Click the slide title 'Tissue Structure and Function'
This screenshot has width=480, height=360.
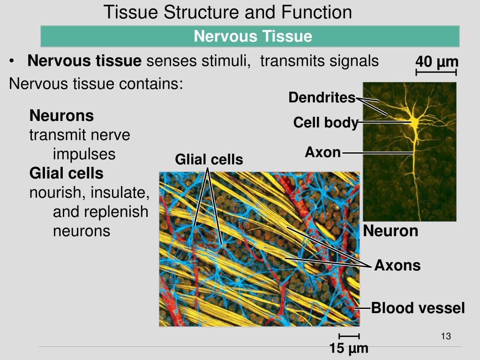coord(227,12)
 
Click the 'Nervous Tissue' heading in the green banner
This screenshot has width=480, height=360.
coord(253,36)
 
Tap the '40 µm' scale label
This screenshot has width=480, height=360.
coord(436,62)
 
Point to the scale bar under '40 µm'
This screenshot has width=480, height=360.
coord(436,72)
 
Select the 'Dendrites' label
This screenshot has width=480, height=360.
coord(322,97)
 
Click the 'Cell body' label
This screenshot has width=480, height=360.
coord(325,123)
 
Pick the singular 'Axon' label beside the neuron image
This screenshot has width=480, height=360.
coord(322,152)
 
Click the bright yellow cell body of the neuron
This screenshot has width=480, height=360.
coord(414,122)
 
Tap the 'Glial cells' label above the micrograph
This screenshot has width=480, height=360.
coord(209,160)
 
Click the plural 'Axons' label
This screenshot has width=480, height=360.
coord(397,266)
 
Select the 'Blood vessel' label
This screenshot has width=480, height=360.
coord(418,308)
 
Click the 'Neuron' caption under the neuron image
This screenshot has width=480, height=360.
coord(390,231)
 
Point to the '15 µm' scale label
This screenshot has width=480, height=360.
coord(348,349)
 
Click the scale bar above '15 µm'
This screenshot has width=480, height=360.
coord(349,336)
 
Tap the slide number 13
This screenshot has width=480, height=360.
coord(446,336)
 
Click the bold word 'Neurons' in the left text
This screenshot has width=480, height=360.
coord(61,115)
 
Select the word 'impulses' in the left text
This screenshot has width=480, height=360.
coord(84,154)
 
